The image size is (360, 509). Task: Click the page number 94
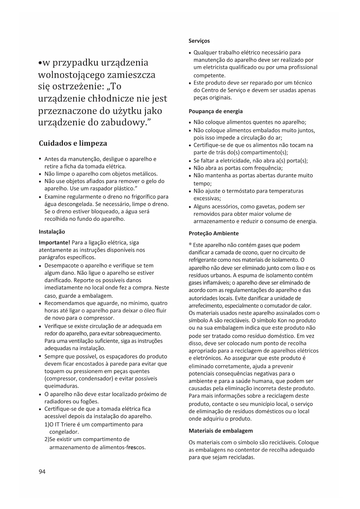[42, 472]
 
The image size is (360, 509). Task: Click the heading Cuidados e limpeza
[73, 143]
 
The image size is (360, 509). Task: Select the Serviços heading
[199, 41]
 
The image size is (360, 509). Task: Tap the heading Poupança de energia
[216, 111]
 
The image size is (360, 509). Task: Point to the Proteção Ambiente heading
[214, 233]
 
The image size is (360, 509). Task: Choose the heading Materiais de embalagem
[221, 431]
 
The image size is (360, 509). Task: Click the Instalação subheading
[52, 232]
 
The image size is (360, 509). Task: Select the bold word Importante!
[55, 242]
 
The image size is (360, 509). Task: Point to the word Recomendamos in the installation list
[64, 303]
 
